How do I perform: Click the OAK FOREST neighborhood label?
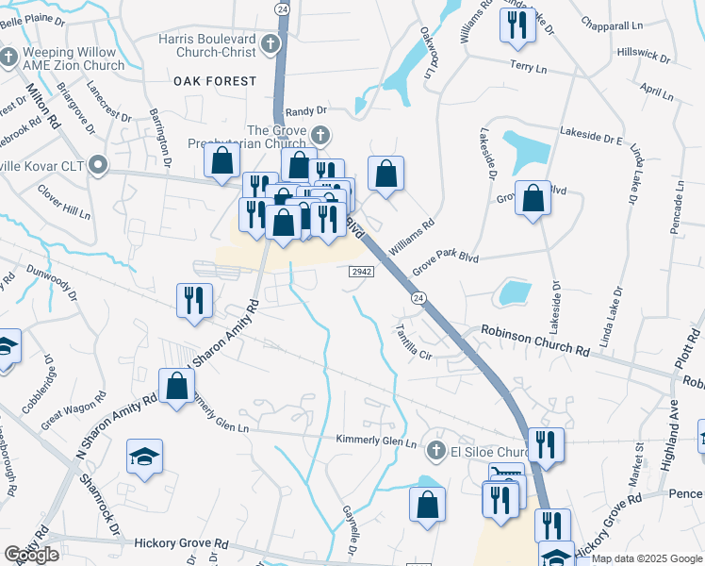click(215, 81)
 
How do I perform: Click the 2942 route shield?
click(363, 272)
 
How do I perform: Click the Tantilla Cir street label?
click(413, 344)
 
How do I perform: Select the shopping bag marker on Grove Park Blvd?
click(533, 199)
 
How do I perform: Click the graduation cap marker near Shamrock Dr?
click(144, 457)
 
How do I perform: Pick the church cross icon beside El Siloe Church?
click(436, 450)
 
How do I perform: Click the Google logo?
click(31, 555)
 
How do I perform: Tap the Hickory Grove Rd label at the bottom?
click(182, 543)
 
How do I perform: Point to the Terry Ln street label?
click(528, 68)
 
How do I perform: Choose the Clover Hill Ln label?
click(63, 201)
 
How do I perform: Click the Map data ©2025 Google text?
click(647, 558)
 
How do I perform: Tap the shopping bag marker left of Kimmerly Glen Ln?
click(176, 386)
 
